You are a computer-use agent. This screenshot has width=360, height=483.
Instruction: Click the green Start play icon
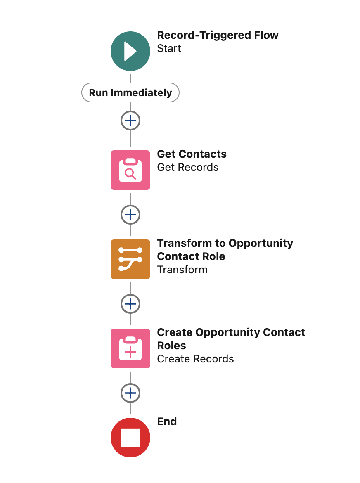[130, 52]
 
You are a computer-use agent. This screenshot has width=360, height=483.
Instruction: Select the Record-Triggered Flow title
[218, 36]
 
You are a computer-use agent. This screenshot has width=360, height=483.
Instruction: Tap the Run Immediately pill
[130, 92]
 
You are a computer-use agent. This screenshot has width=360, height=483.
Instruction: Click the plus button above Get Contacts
[130, 121]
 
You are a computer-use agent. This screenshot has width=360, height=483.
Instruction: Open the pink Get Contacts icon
[130, 170]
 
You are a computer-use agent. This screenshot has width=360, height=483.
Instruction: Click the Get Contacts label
[192, 154]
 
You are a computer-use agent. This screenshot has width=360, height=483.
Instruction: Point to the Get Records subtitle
[187, 168]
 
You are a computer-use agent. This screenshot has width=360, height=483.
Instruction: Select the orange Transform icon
[130, 259]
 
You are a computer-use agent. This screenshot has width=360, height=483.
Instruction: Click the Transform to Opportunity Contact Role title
[225, 249]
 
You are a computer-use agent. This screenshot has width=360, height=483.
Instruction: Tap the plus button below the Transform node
[130, 304]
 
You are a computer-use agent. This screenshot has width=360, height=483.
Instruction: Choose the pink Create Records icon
[130, 348]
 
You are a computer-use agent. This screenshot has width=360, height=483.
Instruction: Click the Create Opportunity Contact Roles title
[231, 339]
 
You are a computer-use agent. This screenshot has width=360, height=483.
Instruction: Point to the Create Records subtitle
[195, 359]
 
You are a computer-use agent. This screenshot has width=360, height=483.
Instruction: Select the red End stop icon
[130, 438]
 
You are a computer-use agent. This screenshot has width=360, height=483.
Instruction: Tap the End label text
[167, 422]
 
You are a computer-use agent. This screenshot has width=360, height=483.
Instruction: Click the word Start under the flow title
[169, 49]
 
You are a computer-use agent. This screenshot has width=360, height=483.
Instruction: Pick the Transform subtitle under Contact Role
[182, 270]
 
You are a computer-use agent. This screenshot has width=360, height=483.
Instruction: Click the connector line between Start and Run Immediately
[130, 78]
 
